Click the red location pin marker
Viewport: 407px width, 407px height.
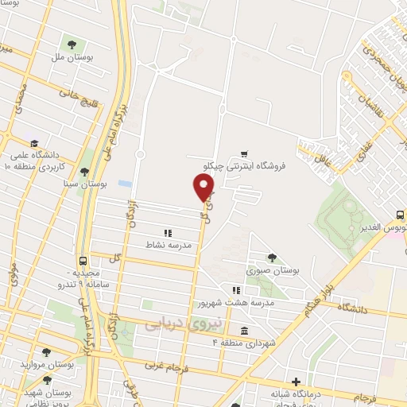[x=204, y=188]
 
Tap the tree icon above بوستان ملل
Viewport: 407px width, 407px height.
[x=72, y=44]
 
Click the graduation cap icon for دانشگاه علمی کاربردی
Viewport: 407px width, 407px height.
[x=33, y=141]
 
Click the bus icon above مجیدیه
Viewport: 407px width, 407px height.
[x=83, y=261]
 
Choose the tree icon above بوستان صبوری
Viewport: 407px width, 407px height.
[x=272, y=257]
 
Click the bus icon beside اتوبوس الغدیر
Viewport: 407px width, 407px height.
[x=400, y=215]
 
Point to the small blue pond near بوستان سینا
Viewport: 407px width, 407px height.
[x=124, y=183]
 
